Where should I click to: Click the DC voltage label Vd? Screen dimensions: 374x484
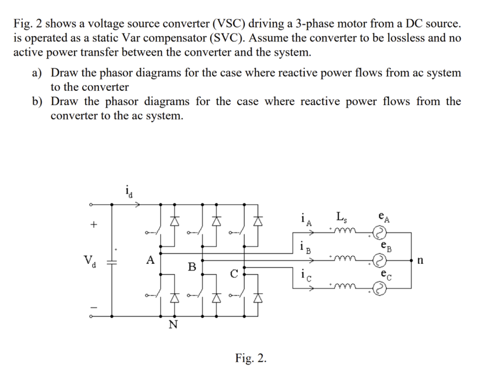click(x=89, y=261)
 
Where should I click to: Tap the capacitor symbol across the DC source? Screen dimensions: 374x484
click(x=112, y=261)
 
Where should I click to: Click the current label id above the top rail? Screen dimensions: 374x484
click(x=129, y=191)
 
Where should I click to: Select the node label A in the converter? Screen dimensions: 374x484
click(x=150, y=260)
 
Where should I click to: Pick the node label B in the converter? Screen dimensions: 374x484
click(x=192, y=267)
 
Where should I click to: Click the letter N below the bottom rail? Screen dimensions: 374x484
click(x=173, y=325)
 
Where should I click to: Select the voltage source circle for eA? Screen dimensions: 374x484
click(x=380, y=233)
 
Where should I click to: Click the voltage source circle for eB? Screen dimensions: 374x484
click(x=380, y=260)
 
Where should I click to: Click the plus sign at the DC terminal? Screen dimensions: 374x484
click(x=93, y=225)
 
